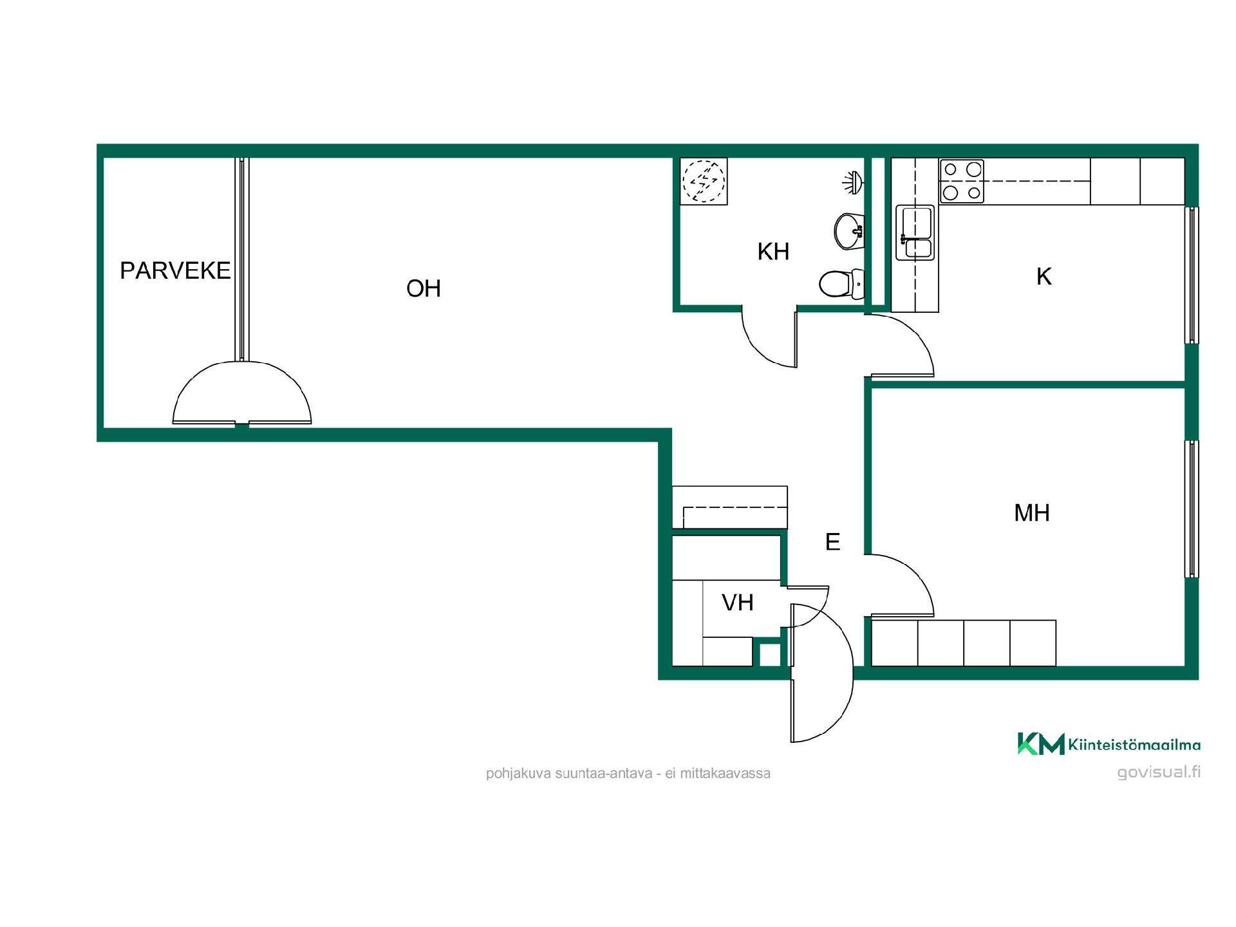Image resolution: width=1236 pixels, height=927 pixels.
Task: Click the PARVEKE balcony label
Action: click(175, 270)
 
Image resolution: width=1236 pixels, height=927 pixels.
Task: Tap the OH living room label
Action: click(424, 288)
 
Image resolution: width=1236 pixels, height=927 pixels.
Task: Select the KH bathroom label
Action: click(773, 252)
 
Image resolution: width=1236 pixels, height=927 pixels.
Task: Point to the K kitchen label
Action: click(1044, 276)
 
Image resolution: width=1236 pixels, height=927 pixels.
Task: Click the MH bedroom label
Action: click(1032, 513)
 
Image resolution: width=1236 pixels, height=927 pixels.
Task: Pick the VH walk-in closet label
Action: click(738, 603)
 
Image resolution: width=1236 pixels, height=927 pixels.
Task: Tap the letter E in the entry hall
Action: click(832, 542)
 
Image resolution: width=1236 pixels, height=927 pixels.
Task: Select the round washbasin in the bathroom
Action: click(848, 230)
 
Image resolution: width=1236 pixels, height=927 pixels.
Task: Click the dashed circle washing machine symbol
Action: click(704, 181)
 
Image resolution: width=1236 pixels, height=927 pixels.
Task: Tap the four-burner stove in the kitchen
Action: click(962, 182)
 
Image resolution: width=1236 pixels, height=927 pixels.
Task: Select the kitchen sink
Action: click(915, 232)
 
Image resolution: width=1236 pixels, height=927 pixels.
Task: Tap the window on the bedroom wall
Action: click(1192, 509)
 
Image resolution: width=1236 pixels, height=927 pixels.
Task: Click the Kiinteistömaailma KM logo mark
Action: click(1040, 744)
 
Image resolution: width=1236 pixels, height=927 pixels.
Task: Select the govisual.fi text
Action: click(1159, 772)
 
